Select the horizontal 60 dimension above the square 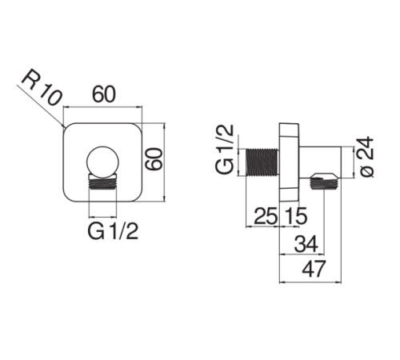104,94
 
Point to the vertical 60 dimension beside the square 154,159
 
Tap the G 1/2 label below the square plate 113,231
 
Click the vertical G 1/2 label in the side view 225,149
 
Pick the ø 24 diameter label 366,157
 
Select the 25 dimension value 266,216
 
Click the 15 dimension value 296,216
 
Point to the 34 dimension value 306,244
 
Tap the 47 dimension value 314,269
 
